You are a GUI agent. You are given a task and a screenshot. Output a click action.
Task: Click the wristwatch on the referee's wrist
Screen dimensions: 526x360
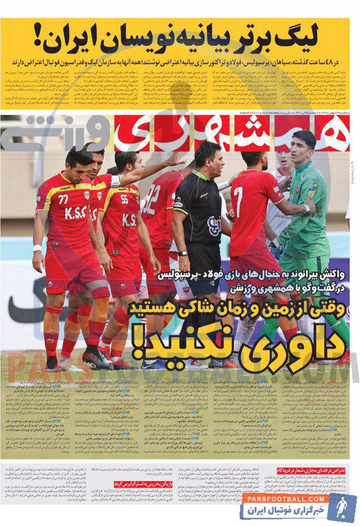[182, 253]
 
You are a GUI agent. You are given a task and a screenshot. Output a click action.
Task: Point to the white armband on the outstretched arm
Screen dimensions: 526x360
[116, 181]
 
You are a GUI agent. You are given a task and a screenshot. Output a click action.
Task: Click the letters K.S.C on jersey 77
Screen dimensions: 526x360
[74, 214]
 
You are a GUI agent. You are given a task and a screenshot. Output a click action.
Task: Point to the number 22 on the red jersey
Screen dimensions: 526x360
[152, 201]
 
